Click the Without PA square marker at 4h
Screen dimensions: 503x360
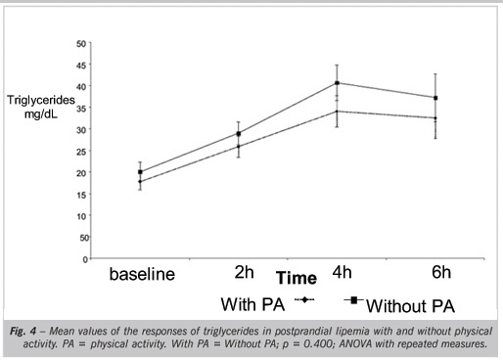point(337,83)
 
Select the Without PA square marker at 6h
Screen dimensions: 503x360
point(435,98)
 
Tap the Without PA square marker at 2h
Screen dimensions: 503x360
point(239,134)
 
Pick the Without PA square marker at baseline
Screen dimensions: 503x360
point(140,172)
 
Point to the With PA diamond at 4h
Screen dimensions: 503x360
point(337,112)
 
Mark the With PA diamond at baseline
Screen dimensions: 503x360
point(140,181)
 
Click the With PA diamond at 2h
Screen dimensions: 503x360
point(239,147)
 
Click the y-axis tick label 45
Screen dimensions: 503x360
point(81,66)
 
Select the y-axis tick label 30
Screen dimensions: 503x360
point(81,129)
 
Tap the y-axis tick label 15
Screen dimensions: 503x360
point(81,195)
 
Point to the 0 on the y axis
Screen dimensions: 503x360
point(85,259)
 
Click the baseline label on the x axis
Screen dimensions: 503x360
point(142,274)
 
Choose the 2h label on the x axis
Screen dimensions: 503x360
point(244,272)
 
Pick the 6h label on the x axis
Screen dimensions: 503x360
point(441,272)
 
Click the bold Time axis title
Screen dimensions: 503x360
point(297,278)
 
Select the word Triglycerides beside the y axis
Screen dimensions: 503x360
point(41,100)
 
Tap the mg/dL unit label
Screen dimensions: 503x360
point(41,114)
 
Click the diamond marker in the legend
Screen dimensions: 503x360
point(304,299)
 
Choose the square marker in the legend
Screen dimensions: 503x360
point(354,300)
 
